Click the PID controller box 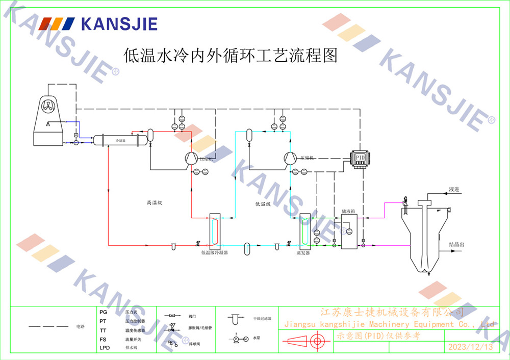click(361, 156)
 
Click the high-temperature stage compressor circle click(190, 158)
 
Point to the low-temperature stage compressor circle click(289, 158)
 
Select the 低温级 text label click(263, 204)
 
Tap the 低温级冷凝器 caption click(214, 252)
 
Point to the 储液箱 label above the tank click(348, 209)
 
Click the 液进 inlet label click(454, 190)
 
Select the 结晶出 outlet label click(456, 244)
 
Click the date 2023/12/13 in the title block click(470, 347)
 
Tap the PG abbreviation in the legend click(104, 312)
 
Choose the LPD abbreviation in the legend click(105, 348)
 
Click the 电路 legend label click(80, 326)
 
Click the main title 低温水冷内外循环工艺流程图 click(231, 55)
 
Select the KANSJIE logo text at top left click(119, 23)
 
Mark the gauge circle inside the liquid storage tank click(349, 232)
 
